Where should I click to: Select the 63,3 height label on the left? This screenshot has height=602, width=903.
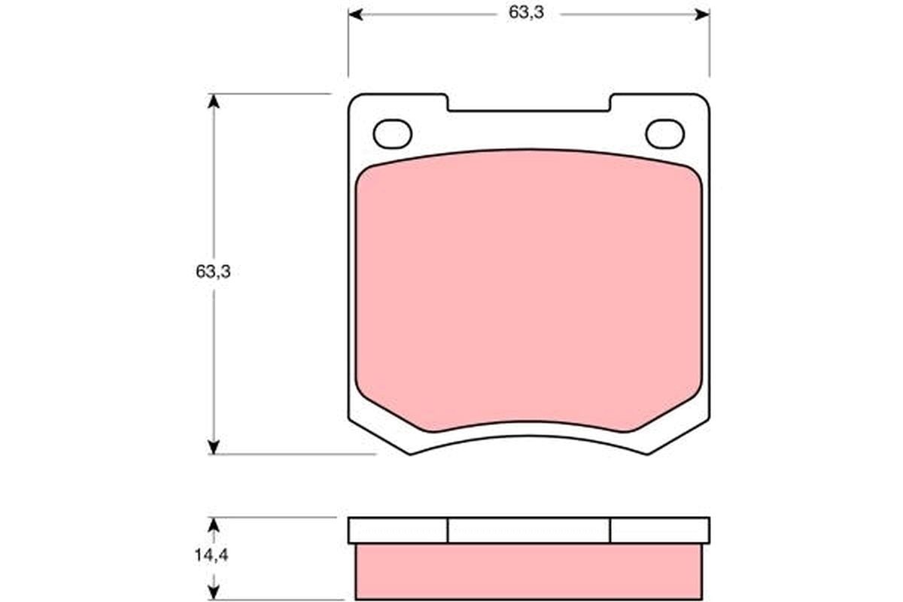tap(213, 272)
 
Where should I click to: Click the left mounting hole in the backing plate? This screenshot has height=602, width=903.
tap(392, 134)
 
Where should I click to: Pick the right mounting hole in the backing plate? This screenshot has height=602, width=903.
tap(664, 134)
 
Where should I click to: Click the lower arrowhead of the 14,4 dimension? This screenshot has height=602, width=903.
tap(214, 594)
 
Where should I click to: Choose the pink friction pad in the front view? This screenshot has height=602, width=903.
tap(528, 293)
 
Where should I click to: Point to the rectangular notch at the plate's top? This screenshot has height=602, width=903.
tap(528, 103)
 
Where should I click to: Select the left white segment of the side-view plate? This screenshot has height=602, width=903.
tap(398, 531)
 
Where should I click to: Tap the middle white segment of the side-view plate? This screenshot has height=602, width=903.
tap(528, 531)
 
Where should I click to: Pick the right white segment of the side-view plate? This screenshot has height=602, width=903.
tap(659, 531)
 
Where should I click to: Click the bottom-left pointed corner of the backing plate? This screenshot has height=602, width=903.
tap(410, 452)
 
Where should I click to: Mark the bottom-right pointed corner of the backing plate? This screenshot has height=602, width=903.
tap(647, 452)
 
